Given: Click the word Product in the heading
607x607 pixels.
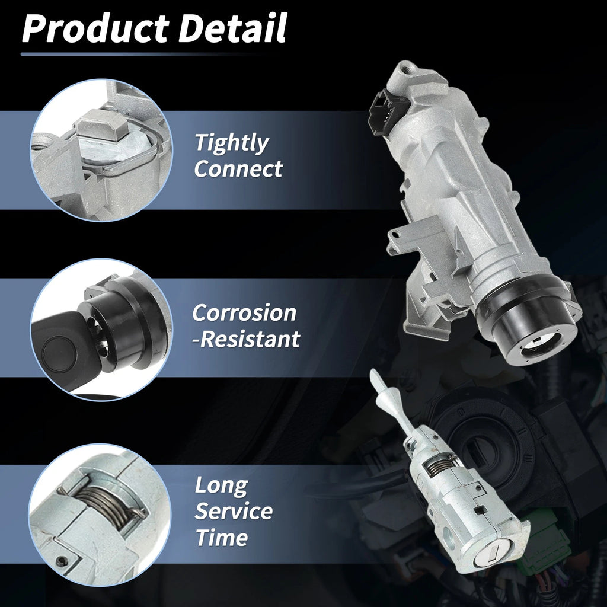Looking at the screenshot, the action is click(95, 28).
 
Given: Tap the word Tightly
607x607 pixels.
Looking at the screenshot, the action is click(232, 143).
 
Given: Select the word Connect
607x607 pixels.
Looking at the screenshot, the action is click(238, 169).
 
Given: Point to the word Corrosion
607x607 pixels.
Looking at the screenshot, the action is click(244, 313).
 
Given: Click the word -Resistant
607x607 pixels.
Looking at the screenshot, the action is click(246, 339).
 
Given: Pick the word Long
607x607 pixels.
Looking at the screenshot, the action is click(221, 486).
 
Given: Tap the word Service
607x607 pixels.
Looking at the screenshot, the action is click(234, 512).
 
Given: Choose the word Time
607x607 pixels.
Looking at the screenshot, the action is click(222, 537).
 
